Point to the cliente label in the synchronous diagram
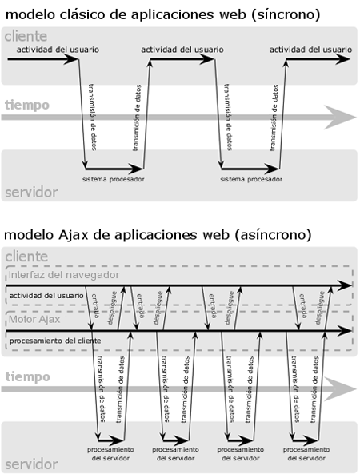(x=25, y=37)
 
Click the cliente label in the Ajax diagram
(x=25, y=257)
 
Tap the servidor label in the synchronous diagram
(x=30, y=193)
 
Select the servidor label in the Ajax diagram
(x=30, y=464)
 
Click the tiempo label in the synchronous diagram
(x=26, y=105)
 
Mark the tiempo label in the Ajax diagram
(x=26, y=376)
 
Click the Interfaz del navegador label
(x=64, y=275)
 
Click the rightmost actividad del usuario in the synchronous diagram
(x=310, y=49)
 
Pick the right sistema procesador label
(x=250, y=180)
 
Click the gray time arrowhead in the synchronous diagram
(x=341, y=118)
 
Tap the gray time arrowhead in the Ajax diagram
(x=341, y=388)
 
